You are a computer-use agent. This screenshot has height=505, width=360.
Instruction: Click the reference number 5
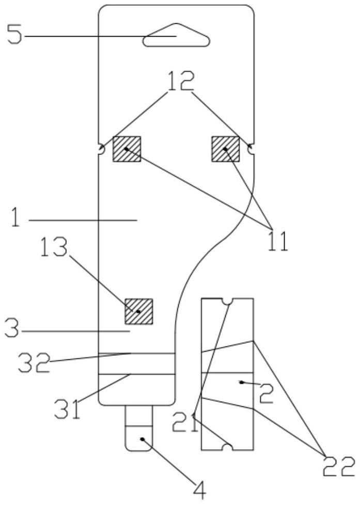pyautogui.click(x=14, y=36)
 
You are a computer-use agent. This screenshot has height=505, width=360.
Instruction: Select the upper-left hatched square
pyautogui.click(x=127, y=149)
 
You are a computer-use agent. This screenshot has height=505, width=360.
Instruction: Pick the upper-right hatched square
pyautogui.click(x=226, y=149)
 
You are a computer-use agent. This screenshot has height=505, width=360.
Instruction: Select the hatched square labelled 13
pyautogui.click(x=139, y=311)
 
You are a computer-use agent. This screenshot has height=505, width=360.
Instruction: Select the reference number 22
pyautogui.click(x=339, y=466)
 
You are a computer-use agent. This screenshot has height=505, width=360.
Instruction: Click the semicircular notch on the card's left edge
pyautogui.click(x=101, y=150)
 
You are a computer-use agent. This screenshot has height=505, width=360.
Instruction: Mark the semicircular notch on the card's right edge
pyautogui.click(x=251, y=149)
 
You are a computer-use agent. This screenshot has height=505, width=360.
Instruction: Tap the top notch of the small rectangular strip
pyautogui.click(x=226, y=301)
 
